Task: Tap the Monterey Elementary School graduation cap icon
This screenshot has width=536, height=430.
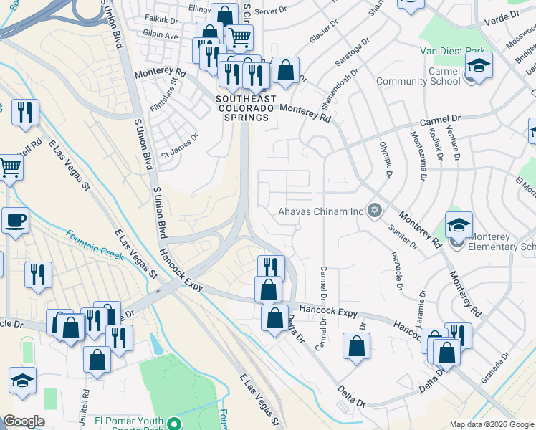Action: [x=458, y=225]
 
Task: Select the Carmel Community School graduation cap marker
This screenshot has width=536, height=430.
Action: [x=478, y=65]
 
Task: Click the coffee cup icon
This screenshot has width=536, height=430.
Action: [x=15, y=221]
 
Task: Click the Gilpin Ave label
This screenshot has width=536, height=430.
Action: [x=161, y=34]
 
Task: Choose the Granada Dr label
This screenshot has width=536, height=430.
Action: [x=495, y=367]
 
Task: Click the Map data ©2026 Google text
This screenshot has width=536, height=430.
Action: [x=491, y=424]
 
